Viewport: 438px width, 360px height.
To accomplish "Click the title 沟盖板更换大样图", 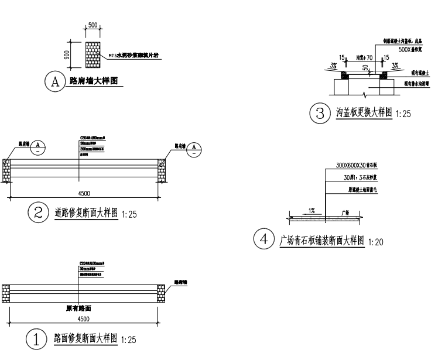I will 363,112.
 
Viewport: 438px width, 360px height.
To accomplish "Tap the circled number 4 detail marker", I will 265,239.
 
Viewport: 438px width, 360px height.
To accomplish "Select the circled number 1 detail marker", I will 37,338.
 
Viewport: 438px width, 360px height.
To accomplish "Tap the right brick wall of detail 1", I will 161,292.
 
